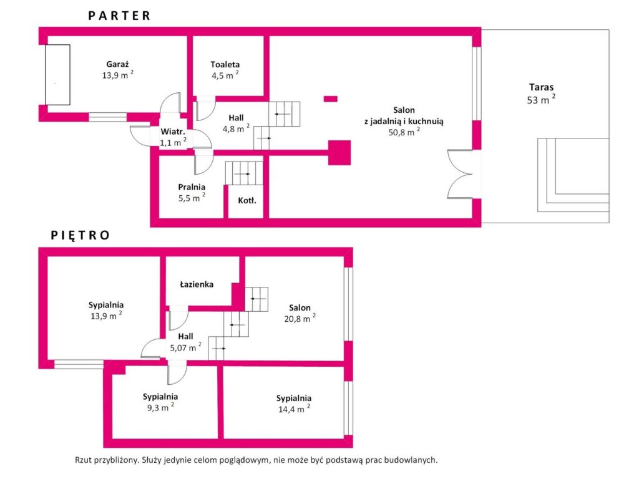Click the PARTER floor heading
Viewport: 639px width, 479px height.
point(119,16)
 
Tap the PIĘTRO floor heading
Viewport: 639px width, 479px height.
point(80,235)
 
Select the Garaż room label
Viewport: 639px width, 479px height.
point(117,64)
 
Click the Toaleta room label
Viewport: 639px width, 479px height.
point(225,64)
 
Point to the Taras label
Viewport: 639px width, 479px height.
point(541,87)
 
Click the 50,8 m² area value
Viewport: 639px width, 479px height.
point(404,132)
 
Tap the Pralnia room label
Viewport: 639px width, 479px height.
point(192,187)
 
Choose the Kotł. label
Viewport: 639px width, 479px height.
point(247,200)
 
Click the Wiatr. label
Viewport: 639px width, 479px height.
point(173,132)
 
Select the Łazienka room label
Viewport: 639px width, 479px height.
point(197,284)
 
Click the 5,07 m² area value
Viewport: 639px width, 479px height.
point(185,347)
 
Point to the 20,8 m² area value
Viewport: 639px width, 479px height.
point(300,319)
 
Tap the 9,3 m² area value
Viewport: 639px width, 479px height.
point(160,407)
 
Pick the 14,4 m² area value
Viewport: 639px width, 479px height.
point(294,409)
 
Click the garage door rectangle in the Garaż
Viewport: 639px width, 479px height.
point(57,75)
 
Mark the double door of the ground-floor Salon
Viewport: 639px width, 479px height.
point(461,175)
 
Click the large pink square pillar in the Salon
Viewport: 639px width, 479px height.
point(339,153)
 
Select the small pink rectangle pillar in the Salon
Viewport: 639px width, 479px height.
point(331,99)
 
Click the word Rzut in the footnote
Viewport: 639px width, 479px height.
point(83,460)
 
